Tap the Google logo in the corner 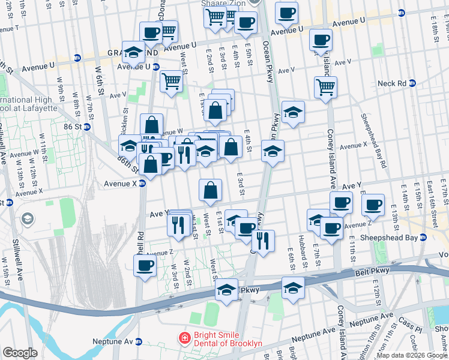pyautogui.click(x=20, y=353)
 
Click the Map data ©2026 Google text pyautogui.click(x=412, y=355)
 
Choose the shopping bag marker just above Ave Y pyautogui.click(x=210, y=190)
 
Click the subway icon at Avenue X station pyautogui.click(x=143, y=184)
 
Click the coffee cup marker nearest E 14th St pyautogui.click(x=373, y=205)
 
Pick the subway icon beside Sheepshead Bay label pyautogui.click(x=423, y=237)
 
